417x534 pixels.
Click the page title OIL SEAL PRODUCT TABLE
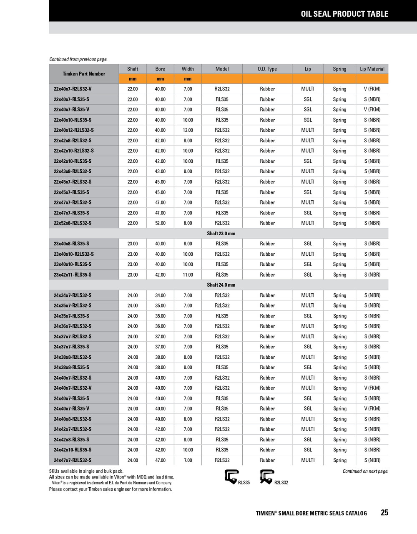344,14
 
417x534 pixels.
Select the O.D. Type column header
267,69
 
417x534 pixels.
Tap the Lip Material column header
372,69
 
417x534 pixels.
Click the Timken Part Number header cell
84,74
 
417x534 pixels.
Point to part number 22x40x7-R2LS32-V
73,89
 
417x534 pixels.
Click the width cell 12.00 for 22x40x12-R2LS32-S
188,130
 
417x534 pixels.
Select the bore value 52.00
160,223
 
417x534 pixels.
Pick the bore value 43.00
160,171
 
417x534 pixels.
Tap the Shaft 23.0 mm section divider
221,234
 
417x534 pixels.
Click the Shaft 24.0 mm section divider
221,285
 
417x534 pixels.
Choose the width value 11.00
188,275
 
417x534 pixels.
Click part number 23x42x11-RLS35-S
73,275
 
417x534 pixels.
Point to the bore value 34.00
160,295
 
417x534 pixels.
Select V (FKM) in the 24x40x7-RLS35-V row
372,409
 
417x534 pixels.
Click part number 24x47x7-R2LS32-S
73,461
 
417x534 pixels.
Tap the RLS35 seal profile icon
231,476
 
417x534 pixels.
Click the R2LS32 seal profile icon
267,476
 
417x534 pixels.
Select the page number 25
384,513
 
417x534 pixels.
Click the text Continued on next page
365,471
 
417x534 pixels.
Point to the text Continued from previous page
78,59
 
